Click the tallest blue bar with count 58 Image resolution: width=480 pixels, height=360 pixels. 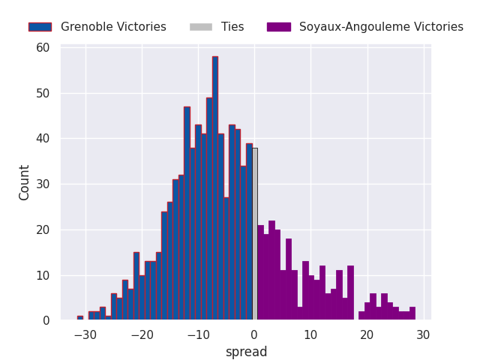click(215, 187)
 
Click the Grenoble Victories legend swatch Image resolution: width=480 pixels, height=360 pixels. click(40, 27)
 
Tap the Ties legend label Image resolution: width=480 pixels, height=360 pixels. click(232, 27)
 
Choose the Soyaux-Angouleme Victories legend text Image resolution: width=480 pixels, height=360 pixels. click(381, 27)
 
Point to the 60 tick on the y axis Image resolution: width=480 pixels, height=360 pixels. click(43, 48)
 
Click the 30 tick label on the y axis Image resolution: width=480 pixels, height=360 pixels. click(43, 184)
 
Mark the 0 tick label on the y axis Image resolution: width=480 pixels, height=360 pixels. click(46, 321)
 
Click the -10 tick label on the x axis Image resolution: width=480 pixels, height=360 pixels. click(198, 334)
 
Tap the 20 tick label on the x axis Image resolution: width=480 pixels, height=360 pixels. click(367, 334)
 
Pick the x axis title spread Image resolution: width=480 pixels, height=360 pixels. click(246, 352)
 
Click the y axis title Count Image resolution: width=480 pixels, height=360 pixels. click(25, 182)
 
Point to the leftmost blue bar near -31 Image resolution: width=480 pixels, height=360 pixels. click(80, 318)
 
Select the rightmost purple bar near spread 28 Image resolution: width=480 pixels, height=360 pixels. click(412, 313)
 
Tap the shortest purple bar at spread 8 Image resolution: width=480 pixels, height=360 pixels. click(300, 313)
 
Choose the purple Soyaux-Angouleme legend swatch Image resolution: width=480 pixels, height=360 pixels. click(278, 27)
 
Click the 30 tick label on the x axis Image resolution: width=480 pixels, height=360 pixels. click(424, 334)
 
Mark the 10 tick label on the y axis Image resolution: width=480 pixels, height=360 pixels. click(43, 275)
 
